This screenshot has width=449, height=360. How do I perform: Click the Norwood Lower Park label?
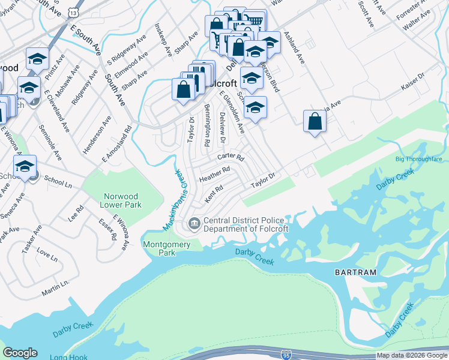(124, 200)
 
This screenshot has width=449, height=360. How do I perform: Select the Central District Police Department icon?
(194, 224)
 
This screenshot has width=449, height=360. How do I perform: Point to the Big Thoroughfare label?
(418, 160)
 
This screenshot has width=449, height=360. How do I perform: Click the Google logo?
(20, 353)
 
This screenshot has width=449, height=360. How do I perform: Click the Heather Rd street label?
(215, 175)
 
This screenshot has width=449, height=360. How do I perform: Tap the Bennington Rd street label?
(206, 125)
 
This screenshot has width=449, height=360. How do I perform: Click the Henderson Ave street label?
(98, 135)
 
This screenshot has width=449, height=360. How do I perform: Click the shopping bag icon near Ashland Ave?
(315, 122)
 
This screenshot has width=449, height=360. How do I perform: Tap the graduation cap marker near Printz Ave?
(38, 59)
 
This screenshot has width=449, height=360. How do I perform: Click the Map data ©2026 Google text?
(412, 355)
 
